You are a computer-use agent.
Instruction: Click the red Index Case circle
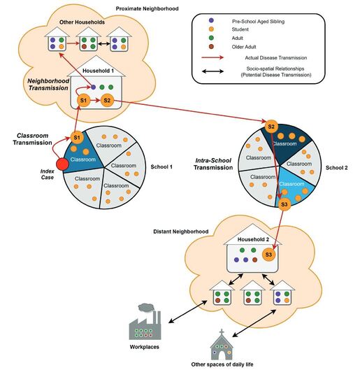click(62, 164)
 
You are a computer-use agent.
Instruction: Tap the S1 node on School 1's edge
click(77, 138)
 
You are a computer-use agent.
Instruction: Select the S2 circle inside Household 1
click(107, 100)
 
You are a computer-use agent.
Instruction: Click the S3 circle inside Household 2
click(268, 255)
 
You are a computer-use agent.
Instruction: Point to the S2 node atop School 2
click(271, 127)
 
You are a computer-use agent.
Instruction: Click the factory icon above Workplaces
click(145, 322)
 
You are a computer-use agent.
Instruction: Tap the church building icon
click(222, 345)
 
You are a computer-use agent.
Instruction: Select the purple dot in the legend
click(211, 20)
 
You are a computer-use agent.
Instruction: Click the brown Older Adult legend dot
click(211, 46)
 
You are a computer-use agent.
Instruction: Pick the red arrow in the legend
click(213, 57)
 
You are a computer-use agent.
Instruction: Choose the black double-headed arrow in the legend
click(213, 71)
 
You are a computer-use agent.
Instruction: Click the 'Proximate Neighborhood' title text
click(147, 8)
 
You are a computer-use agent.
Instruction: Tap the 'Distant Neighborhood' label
click(181, 232)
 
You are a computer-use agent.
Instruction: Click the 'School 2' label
click(336, 168)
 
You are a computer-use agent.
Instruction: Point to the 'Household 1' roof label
click(98, 71)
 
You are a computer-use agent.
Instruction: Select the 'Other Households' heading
click(82, 22)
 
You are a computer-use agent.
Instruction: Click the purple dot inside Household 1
click(94, 87)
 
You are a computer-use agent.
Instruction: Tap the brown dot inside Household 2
click(254, 259)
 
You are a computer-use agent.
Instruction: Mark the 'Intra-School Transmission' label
click(213, 164)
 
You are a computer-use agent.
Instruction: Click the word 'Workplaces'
click(144, 347)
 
